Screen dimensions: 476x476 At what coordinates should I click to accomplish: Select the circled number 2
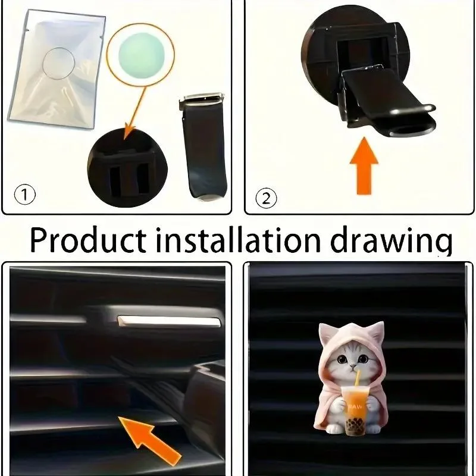pyautogui.click(x=265, y=196)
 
